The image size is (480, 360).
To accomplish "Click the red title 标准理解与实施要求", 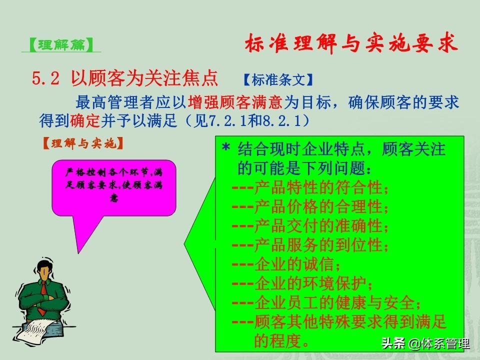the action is (351, 43).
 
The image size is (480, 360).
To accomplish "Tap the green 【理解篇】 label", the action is (61, 45).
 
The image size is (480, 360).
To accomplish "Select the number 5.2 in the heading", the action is (45, 78).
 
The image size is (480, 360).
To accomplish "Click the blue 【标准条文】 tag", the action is (278, 80).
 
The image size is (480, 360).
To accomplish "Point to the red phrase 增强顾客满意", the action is (235, 102).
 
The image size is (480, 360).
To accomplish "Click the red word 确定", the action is (85, 121).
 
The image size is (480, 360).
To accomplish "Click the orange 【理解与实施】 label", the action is (83, 143).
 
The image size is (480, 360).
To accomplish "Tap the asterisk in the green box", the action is (226, 147).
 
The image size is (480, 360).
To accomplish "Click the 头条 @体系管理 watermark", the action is (425, 343).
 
